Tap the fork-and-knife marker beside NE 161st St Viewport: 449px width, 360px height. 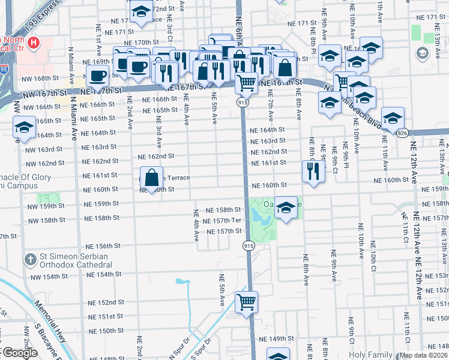(x=314, y=170)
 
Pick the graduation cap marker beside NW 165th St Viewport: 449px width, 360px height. (x=24, y=127)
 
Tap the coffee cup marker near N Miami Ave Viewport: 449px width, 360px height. (x=98, y=76)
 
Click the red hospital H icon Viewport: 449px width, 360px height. (x=33, y=43)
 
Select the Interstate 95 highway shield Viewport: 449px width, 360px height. (x=4, y=70)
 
